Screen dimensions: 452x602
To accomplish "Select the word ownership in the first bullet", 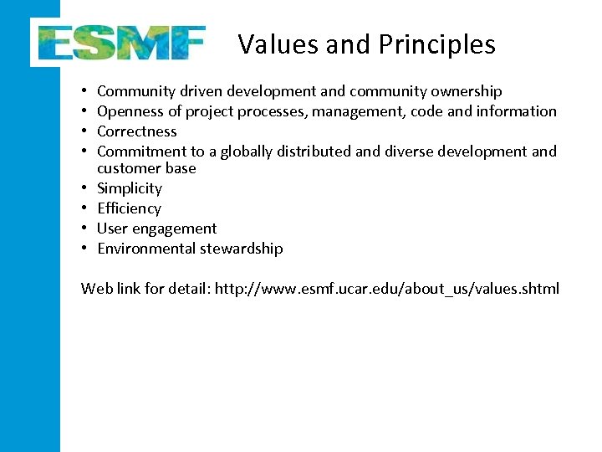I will (x=467, y=91).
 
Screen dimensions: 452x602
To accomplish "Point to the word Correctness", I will (x=137, y=131).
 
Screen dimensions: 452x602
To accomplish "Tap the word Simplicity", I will (x=130, y=188).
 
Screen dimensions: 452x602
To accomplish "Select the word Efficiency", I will (x=130, y=208).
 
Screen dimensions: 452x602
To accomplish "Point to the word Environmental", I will (x=145, y=249).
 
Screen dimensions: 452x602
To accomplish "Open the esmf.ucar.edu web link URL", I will (x=387, y=289).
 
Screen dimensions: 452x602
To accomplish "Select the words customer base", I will (x=146, y=168).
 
